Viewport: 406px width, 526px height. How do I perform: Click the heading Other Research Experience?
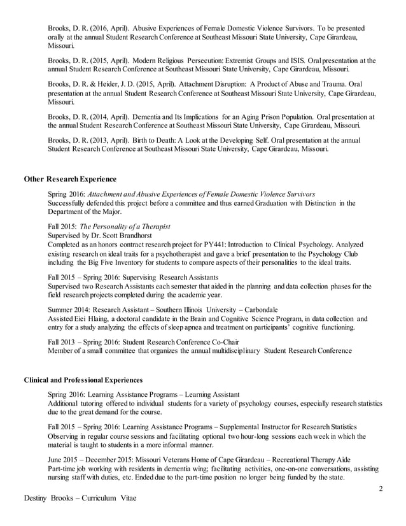[x=70, y=179]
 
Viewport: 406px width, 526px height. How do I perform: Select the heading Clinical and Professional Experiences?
[x=83, y=380]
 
